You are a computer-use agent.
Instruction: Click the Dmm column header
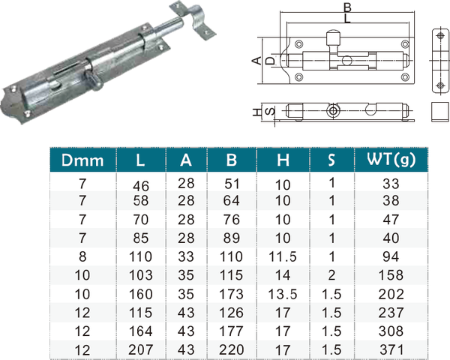82,160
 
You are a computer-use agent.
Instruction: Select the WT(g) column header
391,159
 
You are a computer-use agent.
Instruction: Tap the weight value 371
391,350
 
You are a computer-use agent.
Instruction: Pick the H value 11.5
283,256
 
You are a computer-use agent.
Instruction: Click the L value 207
140,349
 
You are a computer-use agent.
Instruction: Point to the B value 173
231,294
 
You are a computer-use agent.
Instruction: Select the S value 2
331,275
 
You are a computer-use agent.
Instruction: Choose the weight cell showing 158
391,275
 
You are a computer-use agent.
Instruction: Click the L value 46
141,186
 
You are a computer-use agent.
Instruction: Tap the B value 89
231,238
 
